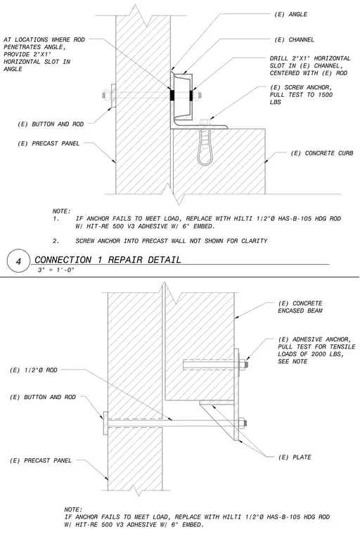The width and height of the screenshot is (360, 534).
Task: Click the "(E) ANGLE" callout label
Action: (290, 14)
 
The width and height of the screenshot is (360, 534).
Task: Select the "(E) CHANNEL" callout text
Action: (294, 40)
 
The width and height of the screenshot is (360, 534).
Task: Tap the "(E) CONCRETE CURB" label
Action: (321, 153)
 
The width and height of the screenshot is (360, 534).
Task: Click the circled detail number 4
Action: (19, 261)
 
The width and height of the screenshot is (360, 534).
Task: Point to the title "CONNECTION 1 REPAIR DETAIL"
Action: (108, 260)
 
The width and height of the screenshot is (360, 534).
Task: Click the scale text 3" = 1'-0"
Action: (56, 271)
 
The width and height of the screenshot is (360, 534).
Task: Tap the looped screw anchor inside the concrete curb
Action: (205, 148)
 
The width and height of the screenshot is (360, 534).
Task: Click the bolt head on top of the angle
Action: (204, 122)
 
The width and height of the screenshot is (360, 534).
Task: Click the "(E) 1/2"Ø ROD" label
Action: (34, 370)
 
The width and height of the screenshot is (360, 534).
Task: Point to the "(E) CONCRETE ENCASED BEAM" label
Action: (300, 307)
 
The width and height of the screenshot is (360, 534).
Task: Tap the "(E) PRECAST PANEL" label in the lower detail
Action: (41, 461)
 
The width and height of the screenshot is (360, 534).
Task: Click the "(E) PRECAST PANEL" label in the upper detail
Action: (49, 144)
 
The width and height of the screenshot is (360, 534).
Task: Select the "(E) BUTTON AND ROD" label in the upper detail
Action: (51, 124)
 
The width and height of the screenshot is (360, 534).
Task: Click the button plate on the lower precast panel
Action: (105, 423)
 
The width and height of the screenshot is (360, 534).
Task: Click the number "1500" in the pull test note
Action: (325, 95)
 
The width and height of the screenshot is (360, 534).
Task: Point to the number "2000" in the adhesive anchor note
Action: (319, 354)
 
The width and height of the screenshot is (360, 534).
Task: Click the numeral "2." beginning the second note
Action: (56, 241)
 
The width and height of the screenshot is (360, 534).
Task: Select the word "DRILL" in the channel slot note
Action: (278, 58)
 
